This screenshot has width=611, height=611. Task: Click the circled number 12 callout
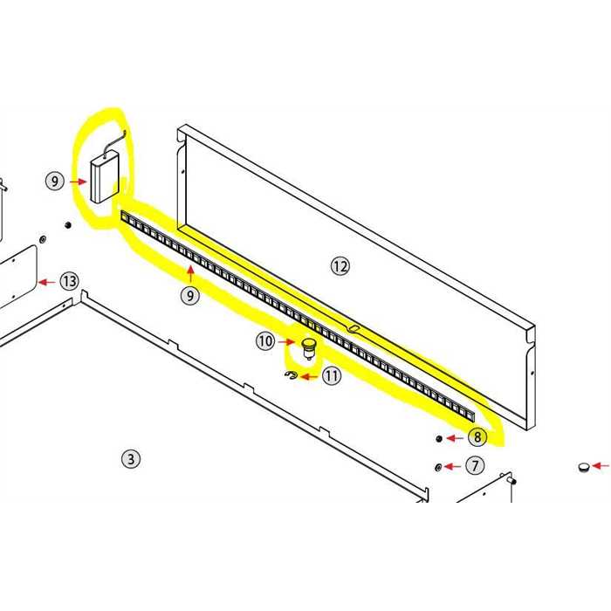click(340, 266)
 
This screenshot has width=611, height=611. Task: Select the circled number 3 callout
click(131, 458)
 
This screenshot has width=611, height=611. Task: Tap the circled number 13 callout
click(69, 281)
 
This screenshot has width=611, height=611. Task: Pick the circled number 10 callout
click(265, 341)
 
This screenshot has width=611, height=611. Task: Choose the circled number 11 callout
click(331, 376)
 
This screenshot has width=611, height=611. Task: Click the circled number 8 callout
click(477, 436)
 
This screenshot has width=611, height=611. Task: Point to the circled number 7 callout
click(475, 465)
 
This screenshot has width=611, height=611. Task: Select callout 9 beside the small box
click(54, 182)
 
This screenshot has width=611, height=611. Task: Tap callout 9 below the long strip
click(189, 295)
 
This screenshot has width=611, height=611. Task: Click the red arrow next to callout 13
click(46, 282)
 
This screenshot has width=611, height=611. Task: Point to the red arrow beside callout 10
click(286, 342)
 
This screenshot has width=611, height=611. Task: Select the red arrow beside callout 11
click(309, 376)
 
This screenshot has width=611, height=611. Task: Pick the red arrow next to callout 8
click(455, 438)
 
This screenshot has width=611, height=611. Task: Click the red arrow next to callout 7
click(452, 466)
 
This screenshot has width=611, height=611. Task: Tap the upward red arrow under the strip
click(190, 273)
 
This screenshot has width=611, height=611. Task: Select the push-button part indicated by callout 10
click(309, 349)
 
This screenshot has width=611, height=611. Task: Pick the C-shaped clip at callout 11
click(291, 374)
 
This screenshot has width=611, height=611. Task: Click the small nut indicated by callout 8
click(438, 439)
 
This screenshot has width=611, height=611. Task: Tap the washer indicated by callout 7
click(437, 467)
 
